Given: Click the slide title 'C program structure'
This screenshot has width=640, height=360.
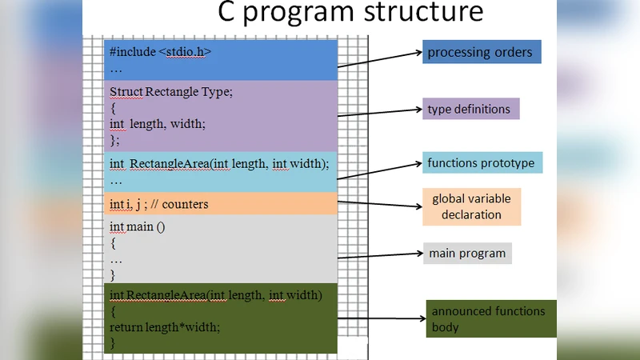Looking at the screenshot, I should pyautogui.click(x=350, y=14).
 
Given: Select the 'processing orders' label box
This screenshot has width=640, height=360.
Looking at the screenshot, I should pyautogui.click(x=482, y=53).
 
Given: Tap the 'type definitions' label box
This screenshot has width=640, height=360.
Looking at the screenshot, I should pyautogui.click(x=471, y=109).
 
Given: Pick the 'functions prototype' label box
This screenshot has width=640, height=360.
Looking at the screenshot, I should pyautogui.click(x=482, y=163).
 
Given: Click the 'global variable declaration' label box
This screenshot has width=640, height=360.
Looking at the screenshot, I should pyautogui.click(x=477, y=206).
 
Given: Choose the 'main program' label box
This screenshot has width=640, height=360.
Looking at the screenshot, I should pyautogui.click(x=467, y=254).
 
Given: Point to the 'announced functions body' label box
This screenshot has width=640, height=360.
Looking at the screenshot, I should pyautogui.click(x=490, y=318).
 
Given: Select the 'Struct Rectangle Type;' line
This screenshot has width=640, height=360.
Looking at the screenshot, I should pyautogui.click(x=170, y=92).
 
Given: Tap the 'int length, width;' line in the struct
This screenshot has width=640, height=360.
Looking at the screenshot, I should pyautogui.click(x=157, y=123).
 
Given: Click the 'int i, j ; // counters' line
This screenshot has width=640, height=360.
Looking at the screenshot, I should pyautogui.click(x=158, y=204).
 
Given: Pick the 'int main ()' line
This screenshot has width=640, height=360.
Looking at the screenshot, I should pyautogui.click(x=137, y=226).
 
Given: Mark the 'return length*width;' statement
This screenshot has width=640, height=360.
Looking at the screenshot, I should pyautogui.click(x=164, y=326).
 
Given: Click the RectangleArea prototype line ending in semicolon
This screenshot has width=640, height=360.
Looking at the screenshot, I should pyautogui.click(x=218, y=164).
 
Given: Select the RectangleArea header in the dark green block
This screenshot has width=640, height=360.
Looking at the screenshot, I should pyautogui.click(x=215, y=295).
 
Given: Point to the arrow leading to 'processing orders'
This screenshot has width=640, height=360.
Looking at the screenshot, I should pyautogui.click(x=380, y=62).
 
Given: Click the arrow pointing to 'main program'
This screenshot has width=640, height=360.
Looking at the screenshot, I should pyautogui.click(x=380, y=256).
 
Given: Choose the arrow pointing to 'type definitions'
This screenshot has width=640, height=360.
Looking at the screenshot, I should pyautogui.click(x=380, y=113).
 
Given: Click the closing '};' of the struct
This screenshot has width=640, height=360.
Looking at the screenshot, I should pyautogui.click(x=114, y=139).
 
